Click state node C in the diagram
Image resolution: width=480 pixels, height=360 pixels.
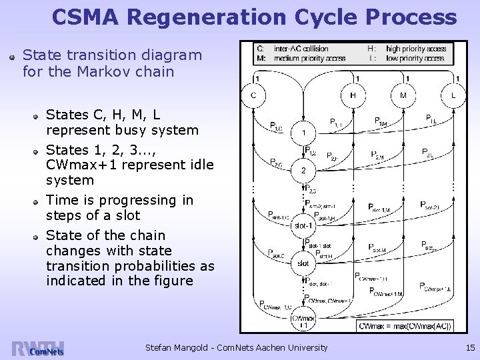point(253,95)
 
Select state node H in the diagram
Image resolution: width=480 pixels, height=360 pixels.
point(353,95)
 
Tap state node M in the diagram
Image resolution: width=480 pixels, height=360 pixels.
point(403,95)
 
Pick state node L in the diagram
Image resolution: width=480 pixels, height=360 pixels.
point(453,95)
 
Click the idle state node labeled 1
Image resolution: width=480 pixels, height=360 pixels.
point(303,132)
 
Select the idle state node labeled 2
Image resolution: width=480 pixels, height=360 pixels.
point(303,171)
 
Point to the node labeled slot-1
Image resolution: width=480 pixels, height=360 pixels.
point(303,225)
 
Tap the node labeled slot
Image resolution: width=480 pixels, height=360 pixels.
point(303,263)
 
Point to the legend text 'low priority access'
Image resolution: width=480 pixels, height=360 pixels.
point(414,58)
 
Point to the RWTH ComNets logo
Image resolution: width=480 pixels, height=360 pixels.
point(39,348)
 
